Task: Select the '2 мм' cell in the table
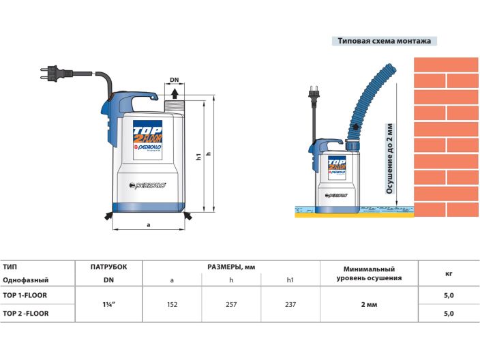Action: click(368, 304)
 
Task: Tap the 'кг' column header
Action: click(449, 273)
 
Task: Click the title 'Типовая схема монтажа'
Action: click(385, 41)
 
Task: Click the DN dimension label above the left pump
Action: click(175, 80)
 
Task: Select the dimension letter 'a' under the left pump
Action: click(148, 224)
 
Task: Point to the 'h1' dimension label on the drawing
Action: click(198, 158)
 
